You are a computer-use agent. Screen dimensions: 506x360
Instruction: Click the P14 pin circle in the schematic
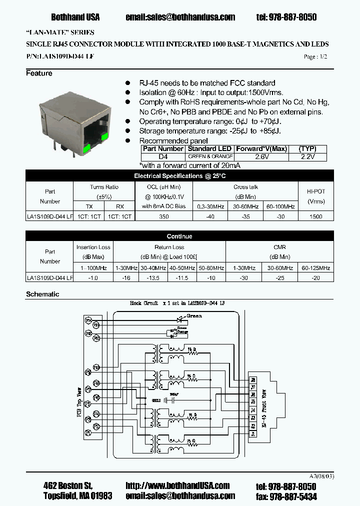tap(88, 319)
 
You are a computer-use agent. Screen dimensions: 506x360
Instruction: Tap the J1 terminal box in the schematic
tap(253, 434)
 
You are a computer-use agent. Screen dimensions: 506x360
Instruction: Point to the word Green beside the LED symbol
tap(193, 316)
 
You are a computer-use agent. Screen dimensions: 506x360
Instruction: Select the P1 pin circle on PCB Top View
tap(88, 430)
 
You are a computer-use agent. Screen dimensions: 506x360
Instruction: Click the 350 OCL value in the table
tap(164, 216)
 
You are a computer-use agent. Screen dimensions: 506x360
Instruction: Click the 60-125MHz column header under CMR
tap(316, 268)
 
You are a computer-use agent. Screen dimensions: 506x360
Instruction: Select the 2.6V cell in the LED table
tap(261, 156)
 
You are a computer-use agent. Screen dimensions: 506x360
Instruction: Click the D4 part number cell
tap(163, 156)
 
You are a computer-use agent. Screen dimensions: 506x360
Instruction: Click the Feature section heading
tap(39, 73)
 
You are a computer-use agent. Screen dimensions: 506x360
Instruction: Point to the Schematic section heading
tap(42, 294)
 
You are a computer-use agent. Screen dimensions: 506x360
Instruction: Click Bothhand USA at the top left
tap(75, 17)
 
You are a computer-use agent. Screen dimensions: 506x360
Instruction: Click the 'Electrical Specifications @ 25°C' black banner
tap(180, 176)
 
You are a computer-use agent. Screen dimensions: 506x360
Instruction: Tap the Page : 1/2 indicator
tap(315, 57)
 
